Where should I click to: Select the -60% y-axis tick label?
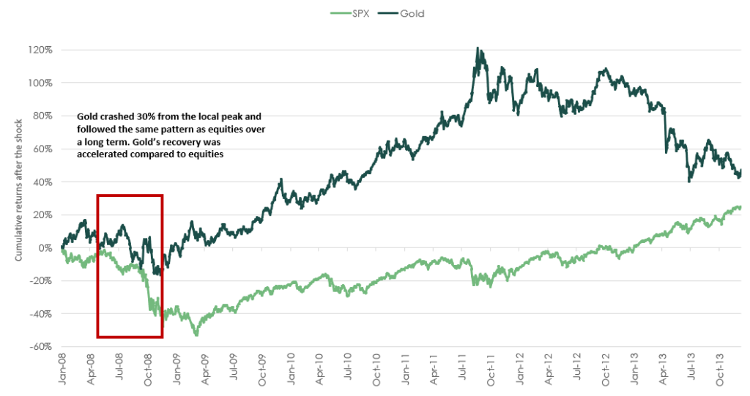[40, 346]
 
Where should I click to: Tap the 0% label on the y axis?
[44, 247]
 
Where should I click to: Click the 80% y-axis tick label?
[41, 116]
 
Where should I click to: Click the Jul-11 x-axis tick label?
[464, 369]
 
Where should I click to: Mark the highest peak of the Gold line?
[478, 48]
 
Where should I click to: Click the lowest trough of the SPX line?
[196, 335]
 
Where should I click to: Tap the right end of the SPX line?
[740, 206]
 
